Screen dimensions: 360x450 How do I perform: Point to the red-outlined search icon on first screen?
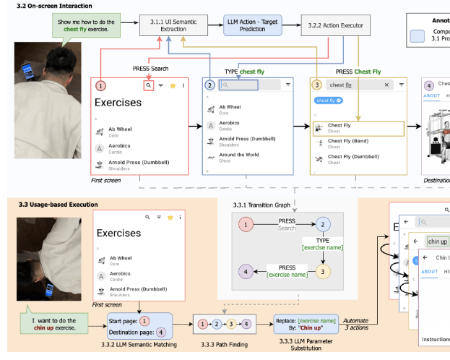(148, 85)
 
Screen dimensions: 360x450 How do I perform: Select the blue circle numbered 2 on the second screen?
(210, 85)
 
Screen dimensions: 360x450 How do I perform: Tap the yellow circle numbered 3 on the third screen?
(317, 85)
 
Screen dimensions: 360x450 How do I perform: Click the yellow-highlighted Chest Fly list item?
(358, 128)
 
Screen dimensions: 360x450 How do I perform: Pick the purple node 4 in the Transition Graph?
(247, 272)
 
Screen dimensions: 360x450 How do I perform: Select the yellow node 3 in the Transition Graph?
(323, 272)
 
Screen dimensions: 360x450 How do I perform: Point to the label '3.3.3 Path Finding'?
(222, 344)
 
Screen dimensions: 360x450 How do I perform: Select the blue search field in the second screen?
(248, 85)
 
